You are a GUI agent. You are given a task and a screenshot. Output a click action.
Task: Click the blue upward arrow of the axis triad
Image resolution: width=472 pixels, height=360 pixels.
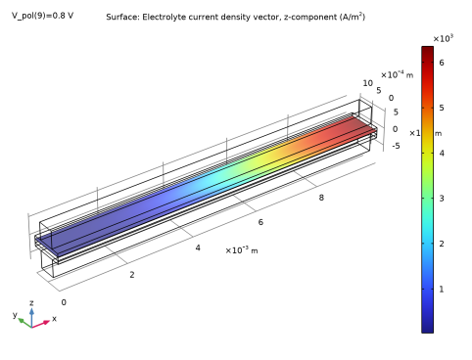[x=31, y=312]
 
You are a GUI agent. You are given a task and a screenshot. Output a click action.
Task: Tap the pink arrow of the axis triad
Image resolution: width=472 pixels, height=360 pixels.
[x=43, y=322]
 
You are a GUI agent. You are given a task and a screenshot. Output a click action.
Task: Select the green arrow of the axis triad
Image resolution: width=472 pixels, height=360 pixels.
[x=22, y=320]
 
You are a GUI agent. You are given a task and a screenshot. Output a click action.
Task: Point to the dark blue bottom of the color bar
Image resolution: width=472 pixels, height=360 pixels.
[x=427, y=326]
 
